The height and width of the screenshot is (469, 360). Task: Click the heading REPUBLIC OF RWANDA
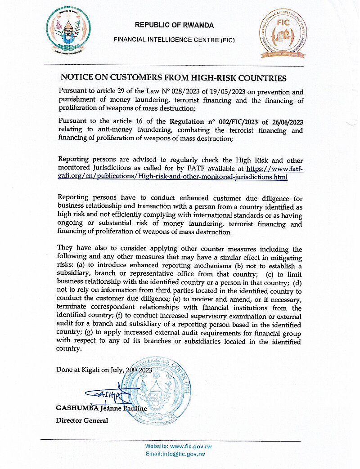tap(175, 25)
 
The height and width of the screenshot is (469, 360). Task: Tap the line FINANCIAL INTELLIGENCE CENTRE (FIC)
tap(175, 40)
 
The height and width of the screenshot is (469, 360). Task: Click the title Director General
tap(82, 421)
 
